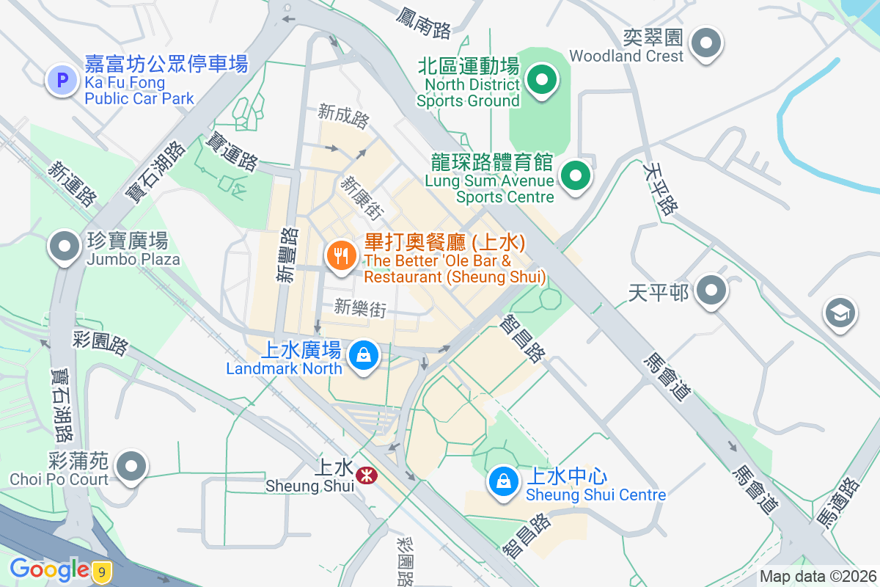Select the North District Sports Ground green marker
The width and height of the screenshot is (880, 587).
[542, 80]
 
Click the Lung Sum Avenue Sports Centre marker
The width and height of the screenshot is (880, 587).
[576, 176]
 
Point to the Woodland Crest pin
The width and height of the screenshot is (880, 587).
[705, 43]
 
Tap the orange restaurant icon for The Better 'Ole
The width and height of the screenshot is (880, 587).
[341, 256]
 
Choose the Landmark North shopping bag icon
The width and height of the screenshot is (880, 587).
[362, 357]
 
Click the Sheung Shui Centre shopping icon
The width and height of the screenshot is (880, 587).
[504, 482]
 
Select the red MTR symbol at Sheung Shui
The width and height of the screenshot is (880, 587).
[365, 476]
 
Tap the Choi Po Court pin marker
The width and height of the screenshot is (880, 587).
[132, 466]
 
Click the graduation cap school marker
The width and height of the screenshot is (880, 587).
[840, 313]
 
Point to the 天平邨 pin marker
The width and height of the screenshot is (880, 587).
[711, 291]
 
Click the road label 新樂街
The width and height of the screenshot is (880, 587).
[359, 308]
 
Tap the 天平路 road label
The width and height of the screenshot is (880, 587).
[659, 189]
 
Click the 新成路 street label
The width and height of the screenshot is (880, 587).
[343, 116]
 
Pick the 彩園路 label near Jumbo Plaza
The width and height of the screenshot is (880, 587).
[100, 343]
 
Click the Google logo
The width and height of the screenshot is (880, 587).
[49, 569]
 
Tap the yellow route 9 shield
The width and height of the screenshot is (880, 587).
[103, 571]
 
